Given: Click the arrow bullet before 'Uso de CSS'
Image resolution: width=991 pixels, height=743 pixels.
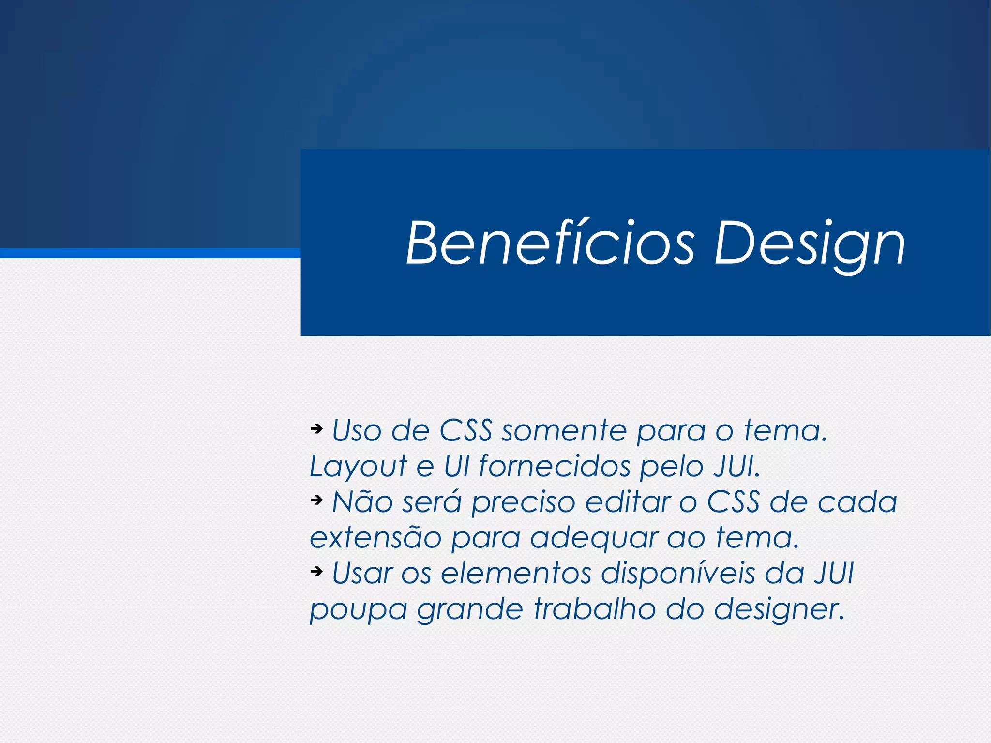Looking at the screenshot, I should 316,428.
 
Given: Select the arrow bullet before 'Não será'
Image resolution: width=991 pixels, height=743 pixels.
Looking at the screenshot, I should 316,499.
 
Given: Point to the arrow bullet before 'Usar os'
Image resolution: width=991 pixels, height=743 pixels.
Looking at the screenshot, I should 316,571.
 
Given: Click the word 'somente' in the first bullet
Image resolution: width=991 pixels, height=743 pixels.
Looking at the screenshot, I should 564,430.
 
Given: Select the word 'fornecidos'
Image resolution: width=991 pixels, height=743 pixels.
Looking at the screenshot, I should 555,466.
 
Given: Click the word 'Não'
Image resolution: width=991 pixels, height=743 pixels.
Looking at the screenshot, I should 362,501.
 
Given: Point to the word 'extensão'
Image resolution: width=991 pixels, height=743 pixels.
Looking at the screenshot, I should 375,537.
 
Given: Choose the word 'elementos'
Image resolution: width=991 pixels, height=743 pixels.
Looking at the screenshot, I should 516,573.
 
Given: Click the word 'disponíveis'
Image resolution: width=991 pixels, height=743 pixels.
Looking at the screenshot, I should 677,574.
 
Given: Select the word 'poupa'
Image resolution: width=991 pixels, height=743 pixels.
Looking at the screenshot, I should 358,610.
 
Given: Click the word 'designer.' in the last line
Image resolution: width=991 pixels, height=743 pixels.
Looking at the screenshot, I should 779,610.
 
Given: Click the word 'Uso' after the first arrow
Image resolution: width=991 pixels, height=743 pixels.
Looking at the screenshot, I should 357,430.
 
